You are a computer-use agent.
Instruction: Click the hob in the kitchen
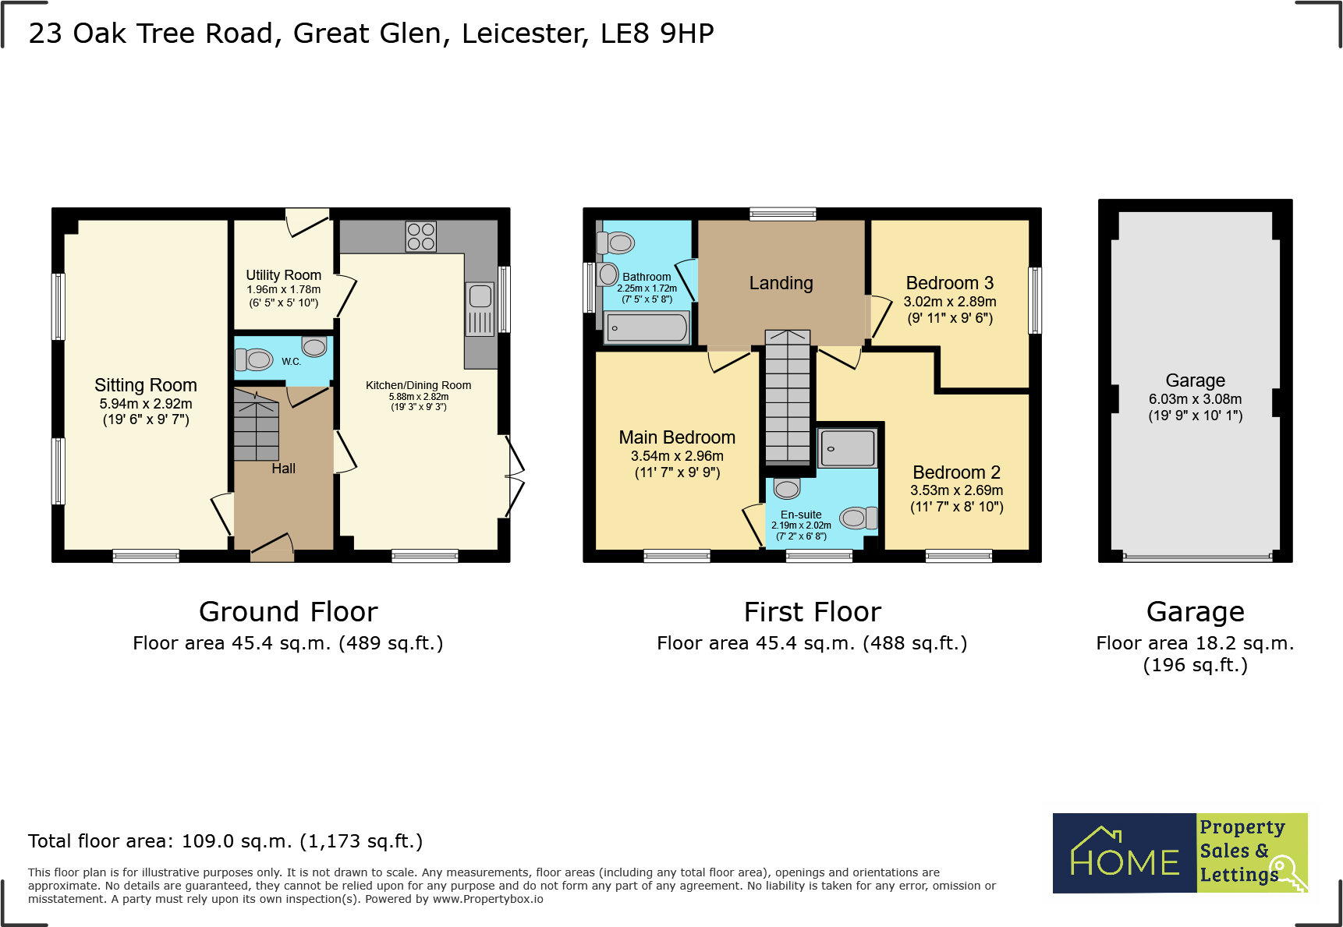click(420, 236)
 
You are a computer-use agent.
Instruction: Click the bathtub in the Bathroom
click(647, 327)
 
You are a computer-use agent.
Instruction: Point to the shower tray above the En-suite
click(847, 448)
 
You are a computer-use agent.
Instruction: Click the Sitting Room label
click(146, 385)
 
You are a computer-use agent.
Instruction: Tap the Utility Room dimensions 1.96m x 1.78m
click(283, 289)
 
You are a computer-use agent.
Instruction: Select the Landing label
click(781, 283)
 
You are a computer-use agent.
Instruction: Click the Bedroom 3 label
click(949, 283)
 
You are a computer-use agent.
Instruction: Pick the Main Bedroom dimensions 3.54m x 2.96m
click(677, 456)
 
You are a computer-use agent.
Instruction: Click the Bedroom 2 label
click(956, 472)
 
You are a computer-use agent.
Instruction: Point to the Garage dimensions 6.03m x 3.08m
click(1195, 399)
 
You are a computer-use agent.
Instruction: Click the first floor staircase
click(788, 398)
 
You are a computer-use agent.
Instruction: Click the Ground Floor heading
click(288, 612)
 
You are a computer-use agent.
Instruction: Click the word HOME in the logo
click(1125, 862)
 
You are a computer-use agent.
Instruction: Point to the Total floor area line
click(225, 841)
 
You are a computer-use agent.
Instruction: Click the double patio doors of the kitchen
click(512, 476)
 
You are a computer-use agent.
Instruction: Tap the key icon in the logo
click(1288, 872)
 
